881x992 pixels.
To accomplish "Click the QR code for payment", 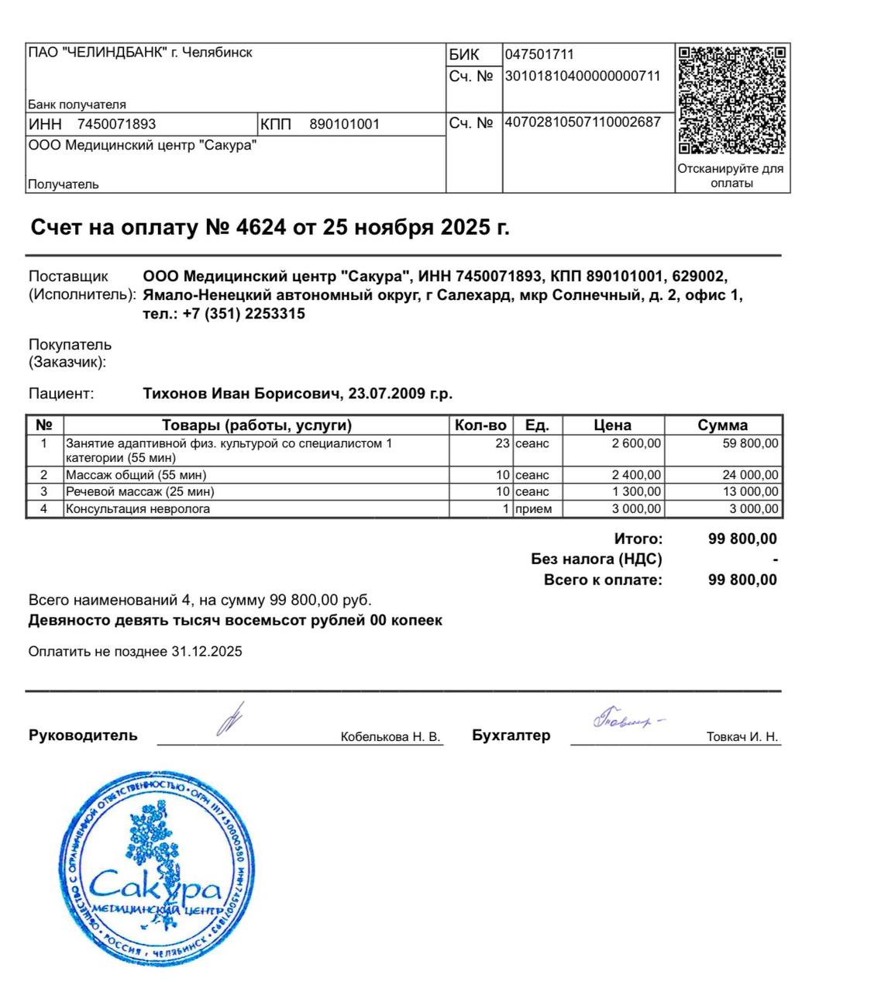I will tap(732, 100).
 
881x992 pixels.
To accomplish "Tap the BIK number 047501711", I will tap(539, 54).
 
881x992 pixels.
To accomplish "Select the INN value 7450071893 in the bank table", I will tap(116, 124).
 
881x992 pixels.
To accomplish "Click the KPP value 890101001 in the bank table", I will tap(344, 124).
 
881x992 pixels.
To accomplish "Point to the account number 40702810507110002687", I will tap(583, 122).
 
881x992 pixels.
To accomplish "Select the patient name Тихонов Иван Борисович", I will tap(242, 394).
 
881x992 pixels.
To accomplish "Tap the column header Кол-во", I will tap(480, 425).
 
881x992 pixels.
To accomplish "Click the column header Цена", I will tap(612, 425).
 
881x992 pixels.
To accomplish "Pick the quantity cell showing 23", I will tap(502, 443).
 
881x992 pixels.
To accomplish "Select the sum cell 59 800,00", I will tap(750, 443).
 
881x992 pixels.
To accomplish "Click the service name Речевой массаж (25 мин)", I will tap(139, 491).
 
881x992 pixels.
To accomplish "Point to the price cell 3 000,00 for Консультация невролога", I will tap(638, 508).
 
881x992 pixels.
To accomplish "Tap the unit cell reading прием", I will tap(534, 508).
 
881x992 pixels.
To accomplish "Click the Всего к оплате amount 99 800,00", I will tap(742, 580).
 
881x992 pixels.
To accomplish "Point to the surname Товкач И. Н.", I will tap(742, 736).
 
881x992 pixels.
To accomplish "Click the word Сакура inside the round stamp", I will tap(155, 885).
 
